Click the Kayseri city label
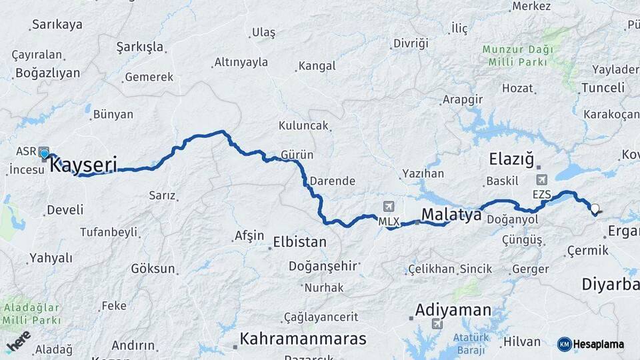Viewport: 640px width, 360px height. coord(84,164)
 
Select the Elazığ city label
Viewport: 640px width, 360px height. coord(512,159)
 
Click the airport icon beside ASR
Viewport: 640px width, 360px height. coord(45,151)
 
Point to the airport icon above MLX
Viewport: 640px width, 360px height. coord(389,206)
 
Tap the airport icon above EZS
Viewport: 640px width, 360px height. coord(541,179)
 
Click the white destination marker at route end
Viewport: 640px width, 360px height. coord(595,208)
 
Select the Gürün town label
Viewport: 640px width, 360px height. coord(297,155)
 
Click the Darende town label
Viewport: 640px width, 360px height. coord(332,181)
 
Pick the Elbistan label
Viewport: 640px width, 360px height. coord(300,242)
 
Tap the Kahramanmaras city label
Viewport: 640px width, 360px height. coord(303,339)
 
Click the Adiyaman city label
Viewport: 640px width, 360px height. coord(453,310)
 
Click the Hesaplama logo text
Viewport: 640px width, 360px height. coord(597,344)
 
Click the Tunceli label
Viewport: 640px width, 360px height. coord(603,88)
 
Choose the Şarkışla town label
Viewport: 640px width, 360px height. coord(139,47)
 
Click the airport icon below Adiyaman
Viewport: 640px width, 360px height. coord(437,324)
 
